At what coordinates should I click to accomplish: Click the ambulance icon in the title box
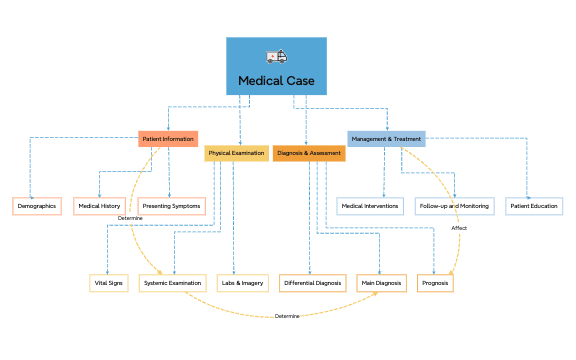pos(276,57)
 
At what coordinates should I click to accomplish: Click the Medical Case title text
pos(276,80)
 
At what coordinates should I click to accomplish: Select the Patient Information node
pos(168,139)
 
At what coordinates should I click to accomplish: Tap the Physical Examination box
pos(236,153)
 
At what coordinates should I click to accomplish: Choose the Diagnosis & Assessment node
pos(309,153)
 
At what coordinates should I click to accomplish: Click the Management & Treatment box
pos(386,139)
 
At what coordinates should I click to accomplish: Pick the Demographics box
pos(37,206)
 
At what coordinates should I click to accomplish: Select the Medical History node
pos(99,206)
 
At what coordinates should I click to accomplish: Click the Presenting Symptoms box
pos(171,206)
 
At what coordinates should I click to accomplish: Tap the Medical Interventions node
pos(370,206)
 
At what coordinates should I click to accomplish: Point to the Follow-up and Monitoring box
pos(454,206)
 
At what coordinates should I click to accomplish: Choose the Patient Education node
pos(534,206)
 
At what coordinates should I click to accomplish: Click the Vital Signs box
pos(109,283)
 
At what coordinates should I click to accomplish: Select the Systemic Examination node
pos(172,283)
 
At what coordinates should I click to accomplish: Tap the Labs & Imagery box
pos(241,283)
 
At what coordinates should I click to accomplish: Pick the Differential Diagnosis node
pos(313,283)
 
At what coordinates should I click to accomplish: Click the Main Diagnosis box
pos(381,283)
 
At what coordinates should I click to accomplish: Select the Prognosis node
pos(435,283)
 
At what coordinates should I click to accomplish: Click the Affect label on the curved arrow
pos(459,228)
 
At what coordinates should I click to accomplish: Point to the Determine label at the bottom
pos(287,316)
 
